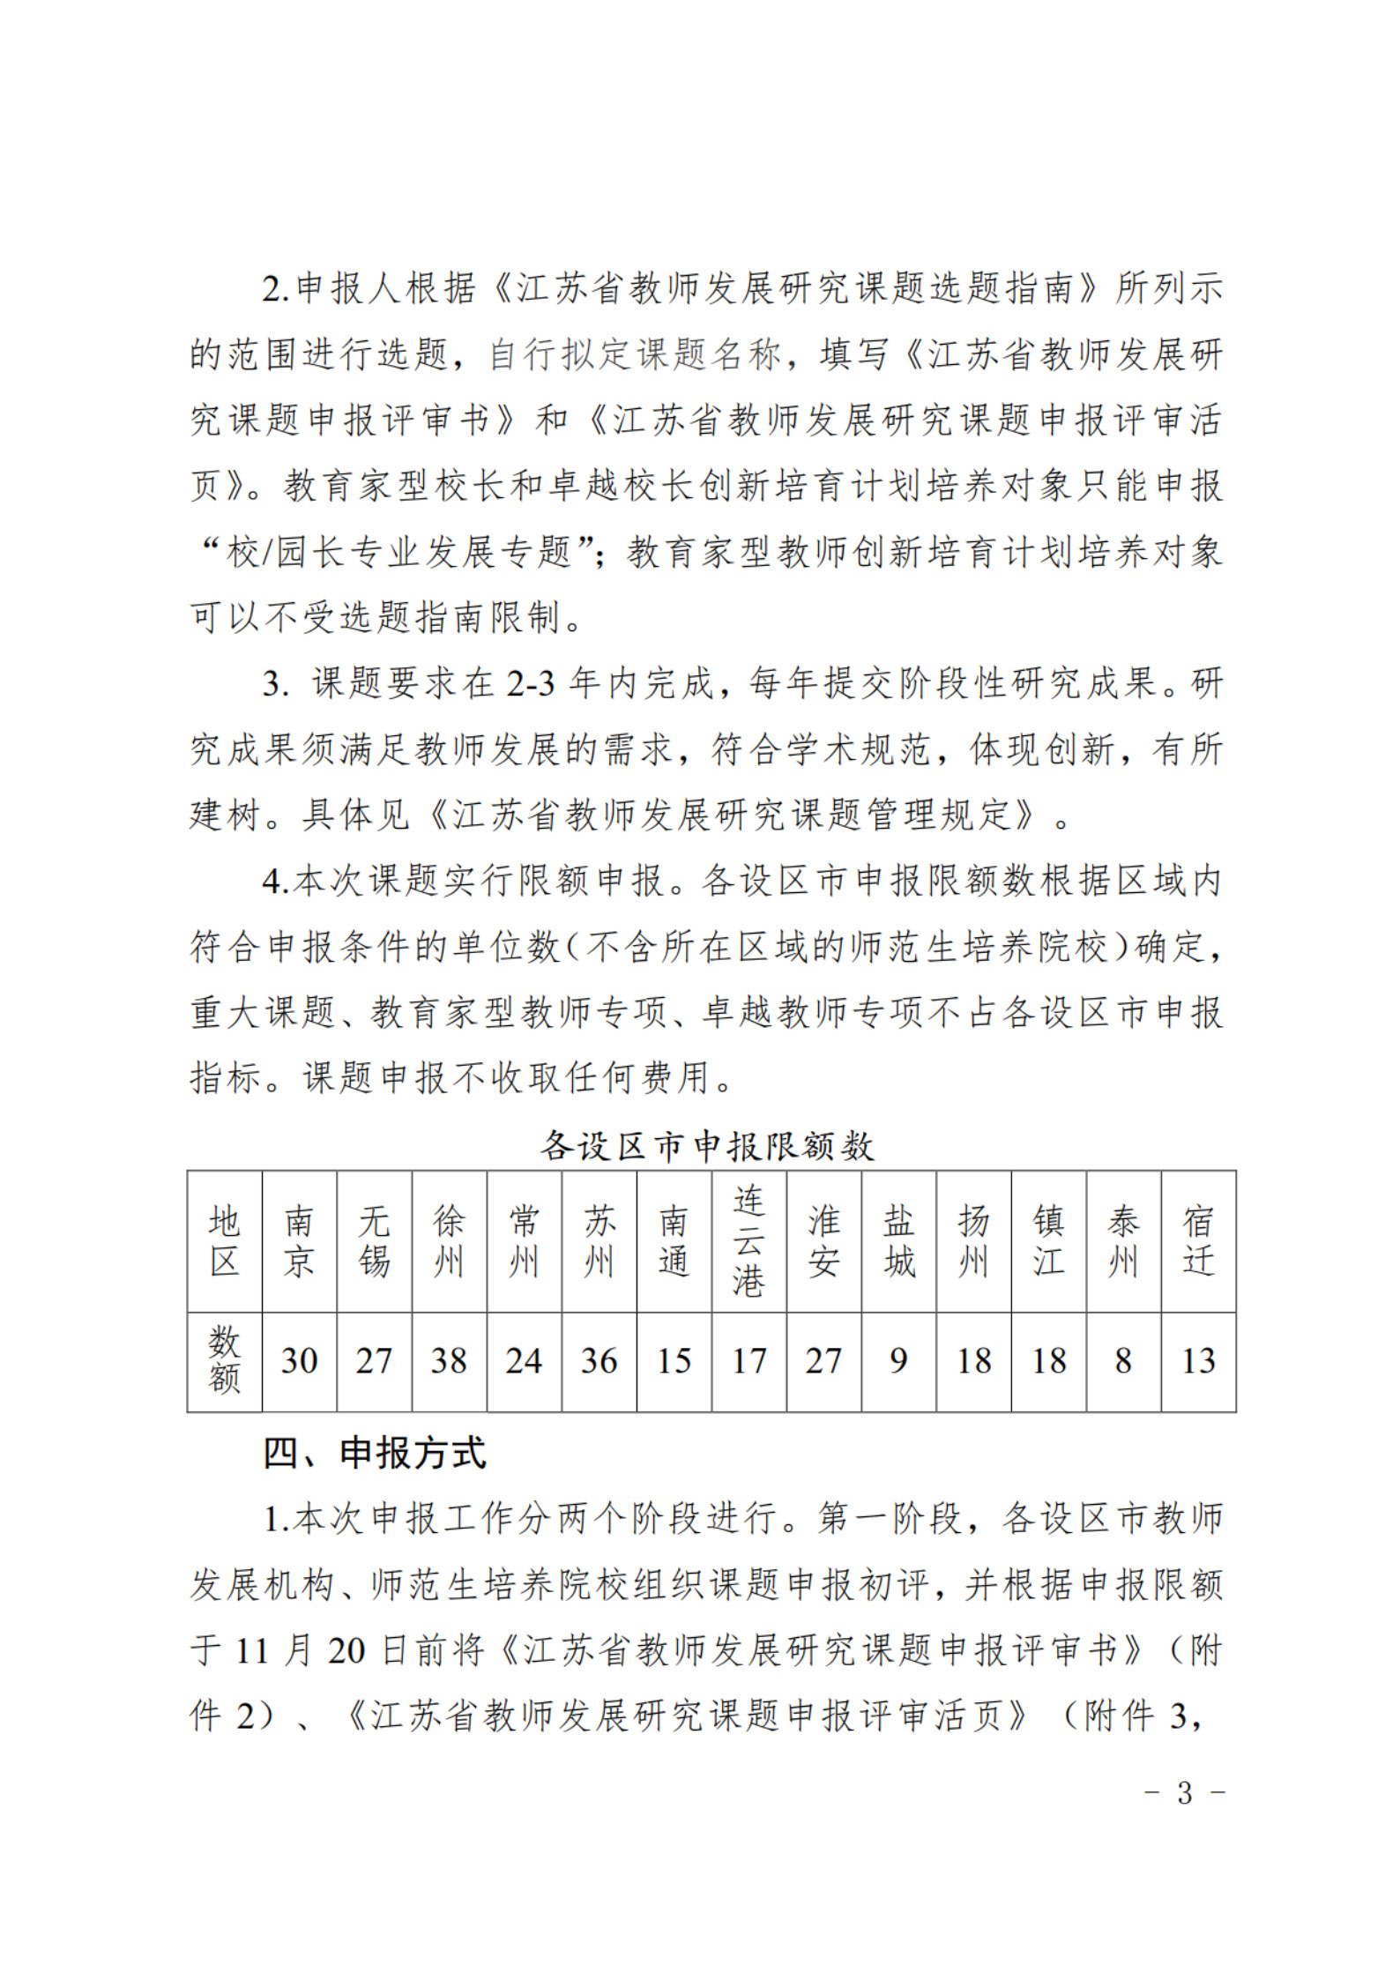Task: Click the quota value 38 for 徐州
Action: [x=449, y=1360]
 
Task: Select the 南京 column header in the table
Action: [x=299, y=1241]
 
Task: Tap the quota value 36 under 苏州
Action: [x=599, y=1360]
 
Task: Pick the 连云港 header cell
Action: [x=748, y=1240]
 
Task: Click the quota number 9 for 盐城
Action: [x=898, y=1360]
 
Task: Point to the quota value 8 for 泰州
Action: [x=1123, y=1360]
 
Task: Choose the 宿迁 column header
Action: [x=1198, y=1241]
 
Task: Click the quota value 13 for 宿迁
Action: [x=1198, y=1360]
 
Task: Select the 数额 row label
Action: [x=225, y=1360]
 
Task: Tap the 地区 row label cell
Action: [x=225, y=1241]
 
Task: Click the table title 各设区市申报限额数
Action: [x=707, y=1146]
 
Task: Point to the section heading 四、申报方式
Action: [x=375, y=1453]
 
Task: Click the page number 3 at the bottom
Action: [x=1184, y=1792]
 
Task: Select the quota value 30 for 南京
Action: [x=299, y=1360]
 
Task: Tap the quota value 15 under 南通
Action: [x=674, y=1360]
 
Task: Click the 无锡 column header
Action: [x=374, y=1241]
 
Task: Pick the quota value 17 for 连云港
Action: [x=748, y=1360]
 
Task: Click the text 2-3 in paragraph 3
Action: [x=530, y=683]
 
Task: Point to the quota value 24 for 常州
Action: [x=524, y=1360]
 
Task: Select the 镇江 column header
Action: [x=1048, y=1241]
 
